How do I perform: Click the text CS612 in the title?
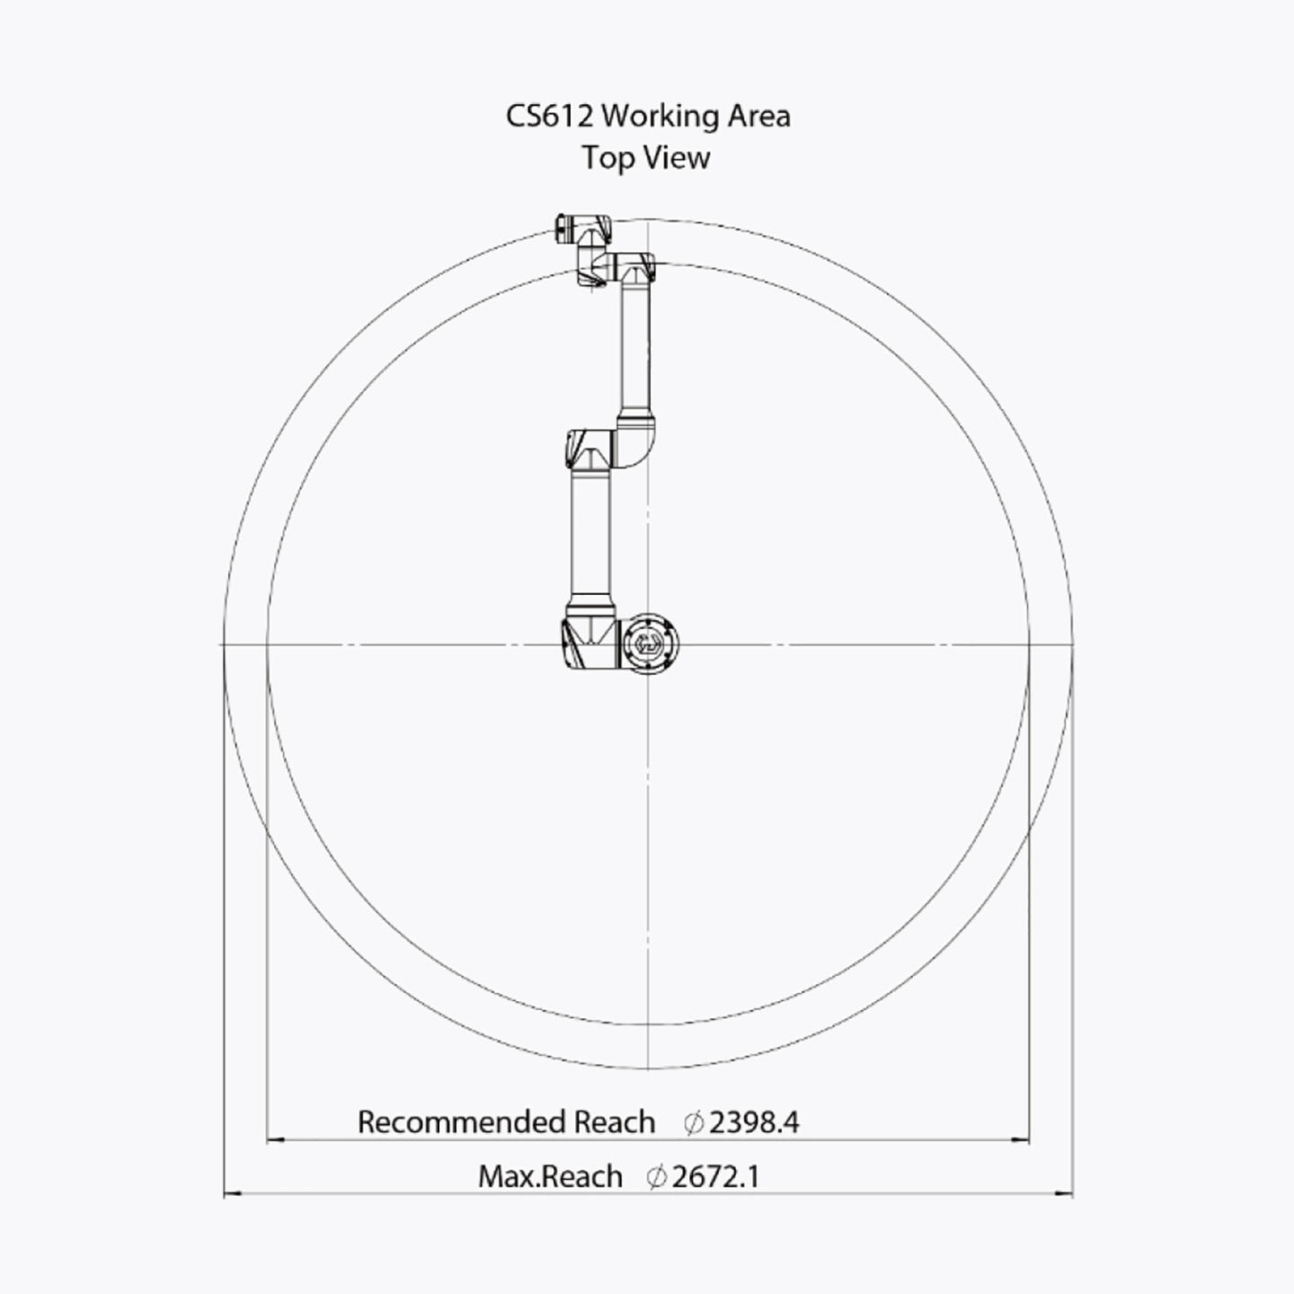pos(549,116)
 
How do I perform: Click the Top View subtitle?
pos(646,158)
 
